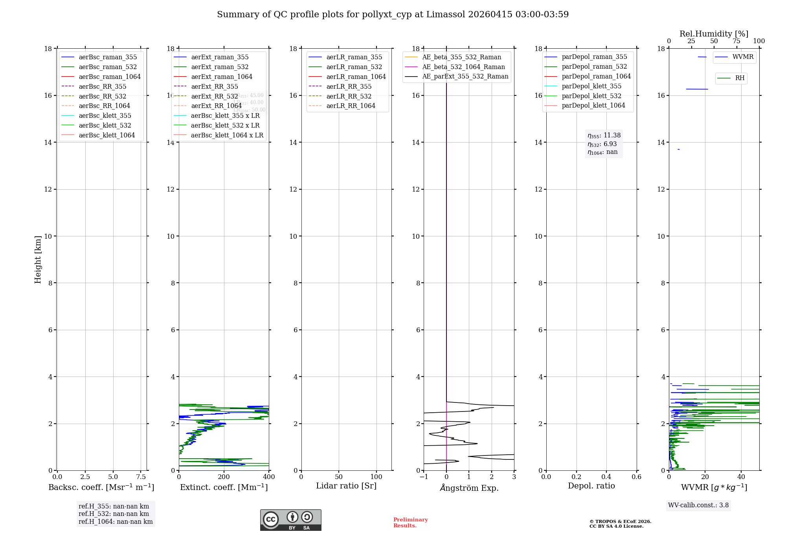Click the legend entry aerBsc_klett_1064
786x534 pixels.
[x=107, y=135]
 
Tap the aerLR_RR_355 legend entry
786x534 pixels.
[x=349, y=86]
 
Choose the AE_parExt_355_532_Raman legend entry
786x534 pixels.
[x=465, y=76]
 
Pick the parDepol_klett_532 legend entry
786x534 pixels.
[x=591, y=96]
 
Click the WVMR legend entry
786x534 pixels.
[x=743, y=57]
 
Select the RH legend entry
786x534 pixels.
[x=740, y=78]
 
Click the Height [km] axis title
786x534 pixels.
[x=38, y=260]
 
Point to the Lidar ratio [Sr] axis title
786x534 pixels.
[x=346, y=486]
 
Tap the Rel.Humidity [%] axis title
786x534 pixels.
[x=714, y=34]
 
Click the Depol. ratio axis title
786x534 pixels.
[x=591, y=486]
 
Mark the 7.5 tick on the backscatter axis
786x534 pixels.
[x=141, y=477]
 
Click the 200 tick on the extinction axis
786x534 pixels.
[x=224, y=477]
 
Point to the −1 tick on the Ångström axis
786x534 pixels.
[x=424, y=477]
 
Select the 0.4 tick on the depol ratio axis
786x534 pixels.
[x=606, y=477]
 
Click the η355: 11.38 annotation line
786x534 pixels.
[x=604, y=135]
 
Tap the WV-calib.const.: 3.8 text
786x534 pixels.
[x=698, y=505]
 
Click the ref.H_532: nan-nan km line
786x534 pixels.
[x=114, y=514]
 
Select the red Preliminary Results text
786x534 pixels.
[x=410, y=523]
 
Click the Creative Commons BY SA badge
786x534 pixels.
[x=290, y=520]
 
